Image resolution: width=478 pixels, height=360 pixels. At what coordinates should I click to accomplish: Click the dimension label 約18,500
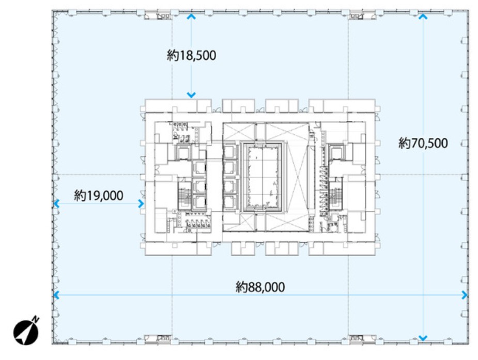[x=191, y=55]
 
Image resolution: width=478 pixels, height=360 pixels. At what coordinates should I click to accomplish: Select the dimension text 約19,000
[x=99, y=196]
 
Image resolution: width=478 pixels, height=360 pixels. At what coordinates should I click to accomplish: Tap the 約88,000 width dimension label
[x=260, y=287]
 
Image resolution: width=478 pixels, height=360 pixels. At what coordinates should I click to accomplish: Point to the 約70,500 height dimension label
[x=423, y=143]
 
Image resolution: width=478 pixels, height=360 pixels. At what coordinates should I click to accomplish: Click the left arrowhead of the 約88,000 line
[x=56, y=295]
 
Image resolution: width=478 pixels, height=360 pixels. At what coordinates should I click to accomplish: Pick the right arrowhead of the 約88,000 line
[x=465, y=295]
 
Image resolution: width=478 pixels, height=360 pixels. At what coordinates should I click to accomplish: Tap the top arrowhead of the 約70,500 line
[x=423, y=17]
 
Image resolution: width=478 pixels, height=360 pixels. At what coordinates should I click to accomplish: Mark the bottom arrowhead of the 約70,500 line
[x=423, y=338]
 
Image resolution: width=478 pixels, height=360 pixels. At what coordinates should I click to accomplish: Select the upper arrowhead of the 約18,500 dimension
[x=191, y=17]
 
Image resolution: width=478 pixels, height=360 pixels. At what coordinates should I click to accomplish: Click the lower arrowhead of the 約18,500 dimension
[x=191, y=95]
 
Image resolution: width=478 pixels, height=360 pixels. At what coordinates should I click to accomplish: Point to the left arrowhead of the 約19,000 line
[x=56, y=204]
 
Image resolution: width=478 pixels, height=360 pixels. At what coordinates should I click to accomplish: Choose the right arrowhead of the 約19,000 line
[x=141, y=204]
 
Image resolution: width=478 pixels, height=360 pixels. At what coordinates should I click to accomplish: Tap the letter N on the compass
[x=36, y=320]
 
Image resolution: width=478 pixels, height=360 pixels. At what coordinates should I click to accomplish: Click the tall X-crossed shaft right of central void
[x=296, y=176]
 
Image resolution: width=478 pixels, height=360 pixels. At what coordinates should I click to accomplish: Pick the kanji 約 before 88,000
[x=241, y=287]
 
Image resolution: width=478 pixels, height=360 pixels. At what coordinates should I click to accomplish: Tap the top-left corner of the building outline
[x=53, y=11]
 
